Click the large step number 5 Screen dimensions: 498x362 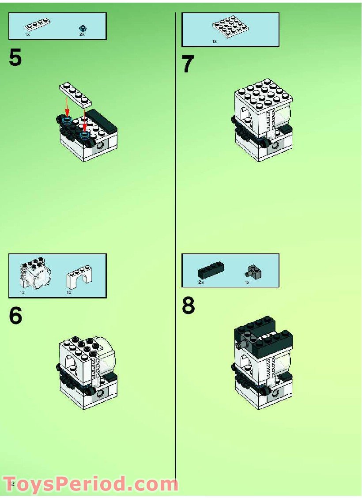coord(15,58)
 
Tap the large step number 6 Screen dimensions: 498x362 coord(15,316)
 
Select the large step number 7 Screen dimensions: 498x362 coord(188,65)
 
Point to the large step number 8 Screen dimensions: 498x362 coord(189,306)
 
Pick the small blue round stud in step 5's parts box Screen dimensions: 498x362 coord(82,27)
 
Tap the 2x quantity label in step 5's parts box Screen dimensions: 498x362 coord(82,34)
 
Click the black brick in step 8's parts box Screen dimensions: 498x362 coord(211,270)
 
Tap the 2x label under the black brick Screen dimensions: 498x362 coord(201,282)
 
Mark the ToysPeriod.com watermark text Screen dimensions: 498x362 coord(90,484)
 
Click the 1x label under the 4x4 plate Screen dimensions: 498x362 coord(215,41)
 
